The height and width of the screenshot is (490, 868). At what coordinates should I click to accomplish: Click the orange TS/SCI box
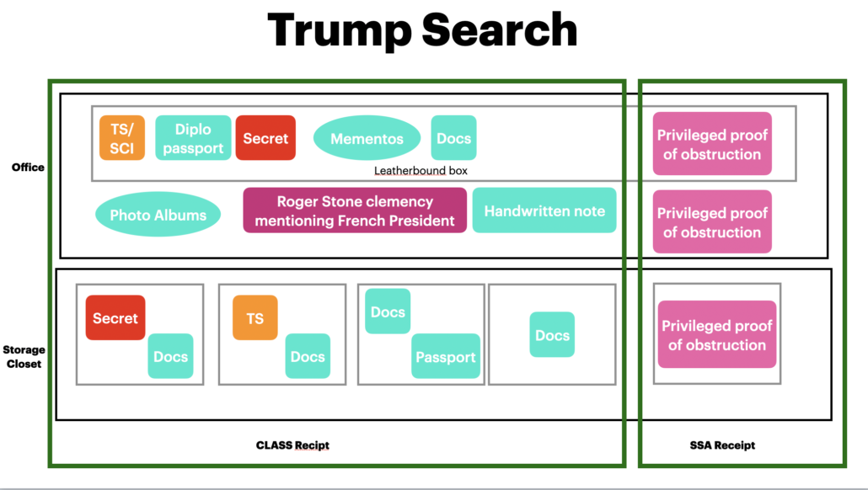pyautogui.click(x=122, y=138)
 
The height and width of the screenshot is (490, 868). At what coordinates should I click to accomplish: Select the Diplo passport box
pyautogui.click(x=193, y=138)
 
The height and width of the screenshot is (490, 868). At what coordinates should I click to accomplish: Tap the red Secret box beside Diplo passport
pyautogui.click(x=265, y=138)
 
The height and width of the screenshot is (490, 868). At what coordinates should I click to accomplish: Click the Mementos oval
pyautogui.click(x=367, y=139)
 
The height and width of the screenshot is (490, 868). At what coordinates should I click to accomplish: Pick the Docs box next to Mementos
pyautogui.click(x=453, y=138)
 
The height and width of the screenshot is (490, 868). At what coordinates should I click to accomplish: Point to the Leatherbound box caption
pyautogui.click(x=421, y=171)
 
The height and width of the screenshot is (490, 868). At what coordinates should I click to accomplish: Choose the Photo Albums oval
pyautogui.click(x=158, y=216)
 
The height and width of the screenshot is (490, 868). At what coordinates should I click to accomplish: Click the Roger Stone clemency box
pyautogui.click(x=355, y=210)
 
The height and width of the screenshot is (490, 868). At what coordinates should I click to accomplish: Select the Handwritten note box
pyautogui.click(x=544, y=210)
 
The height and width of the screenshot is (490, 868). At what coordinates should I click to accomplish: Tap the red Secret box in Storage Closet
pyautogui.click(x=115, y=318)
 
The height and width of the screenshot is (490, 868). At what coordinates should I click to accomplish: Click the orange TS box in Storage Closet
pyautogui.click(x=255, y=318)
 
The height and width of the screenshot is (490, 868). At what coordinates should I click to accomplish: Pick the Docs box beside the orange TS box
pyautogui.click(x=308, y=356)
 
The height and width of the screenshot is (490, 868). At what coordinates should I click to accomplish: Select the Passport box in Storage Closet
pyautogui.click(x=446, y=356)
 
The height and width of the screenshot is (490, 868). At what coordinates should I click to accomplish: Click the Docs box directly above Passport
pyautogui.click(x=388, y=312)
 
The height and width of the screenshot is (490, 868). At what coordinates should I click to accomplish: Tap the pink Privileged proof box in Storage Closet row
pyautogui.click(x=717, y=334)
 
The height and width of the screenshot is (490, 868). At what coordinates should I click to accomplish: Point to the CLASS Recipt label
pyautogui.click(x=292, y=445)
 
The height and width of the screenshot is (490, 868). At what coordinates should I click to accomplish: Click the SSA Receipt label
pyautogui.click(x=721, y=445)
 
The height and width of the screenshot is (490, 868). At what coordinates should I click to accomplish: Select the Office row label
pyautogui.click(x=28, y=168)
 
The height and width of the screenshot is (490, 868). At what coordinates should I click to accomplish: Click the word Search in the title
pyautogui.click(x=500, y=30)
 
